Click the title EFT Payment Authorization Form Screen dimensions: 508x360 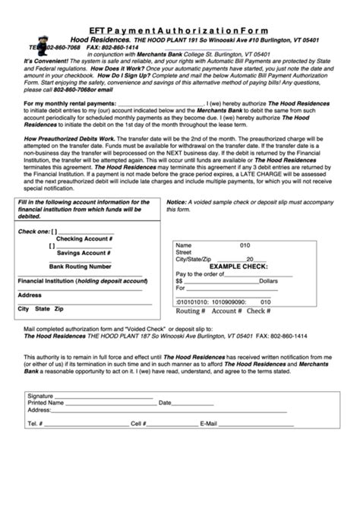click(179, 7)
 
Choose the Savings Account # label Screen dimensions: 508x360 click(79, 254)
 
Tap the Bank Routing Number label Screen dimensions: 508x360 click(81, 267)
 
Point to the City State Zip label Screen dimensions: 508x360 click(41, 310)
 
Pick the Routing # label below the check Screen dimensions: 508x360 click(191, 311)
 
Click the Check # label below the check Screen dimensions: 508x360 click(259, 311)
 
